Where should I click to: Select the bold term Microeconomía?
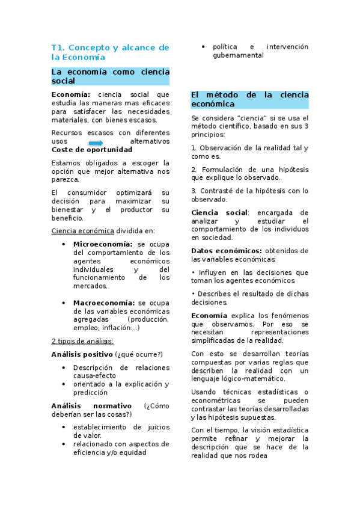coord(103,244)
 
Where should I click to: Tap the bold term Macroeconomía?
coord(103,303)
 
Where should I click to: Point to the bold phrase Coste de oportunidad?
coord(92,149)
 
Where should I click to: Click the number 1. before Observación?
coord(194,148)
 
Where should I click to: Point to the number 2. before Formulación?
coord(194,170)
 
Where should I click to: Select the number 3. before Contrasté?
coord(194,191)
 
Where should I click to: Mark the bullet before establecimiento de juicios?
coord(64,427)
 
